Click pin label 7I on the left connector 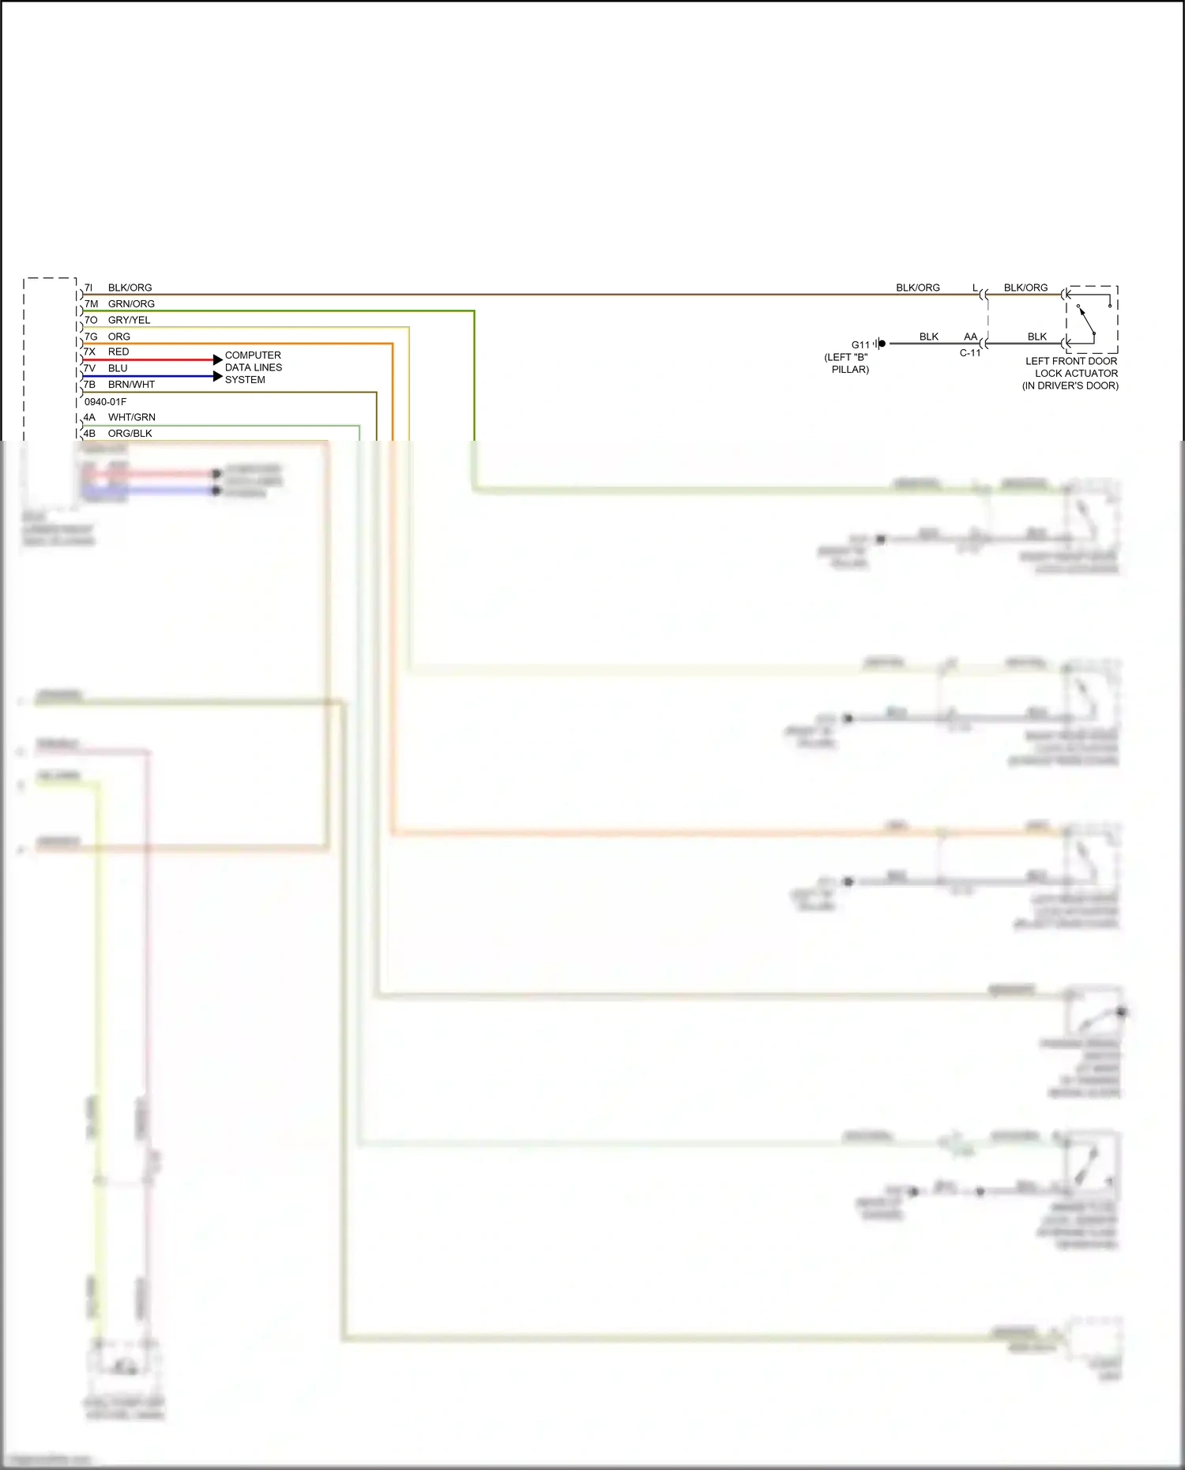coord(88,288)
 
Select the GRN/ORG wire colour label coord(131,304)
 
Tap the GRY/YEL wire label coord(129,320)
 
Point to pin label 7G coord(91,336)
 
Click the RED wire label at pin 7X coord(118,352)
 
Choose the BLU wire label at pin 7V coord(118,368)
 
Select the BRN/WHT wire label coord(131,385)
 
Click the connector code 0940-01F coord(105,401)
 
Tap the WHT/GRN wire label coord(131,417)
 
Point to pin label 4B coord(89,434)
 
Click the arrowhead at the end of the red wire coord(218,359)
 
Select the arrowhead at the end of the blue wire coord(218,376)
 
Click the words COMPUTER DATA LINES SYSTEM coord(253,367)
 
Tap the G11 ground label coord(860,344)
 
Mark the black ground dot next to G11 coord(882,344)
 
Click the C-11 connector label coord(970,353)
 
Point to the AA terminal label coord(970,336)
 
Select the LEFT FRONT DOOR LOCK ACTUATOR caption coord(1070,373)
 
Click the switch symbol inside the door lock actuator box coord(1087,320)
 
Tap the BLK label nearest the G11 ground coord(929,336)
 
